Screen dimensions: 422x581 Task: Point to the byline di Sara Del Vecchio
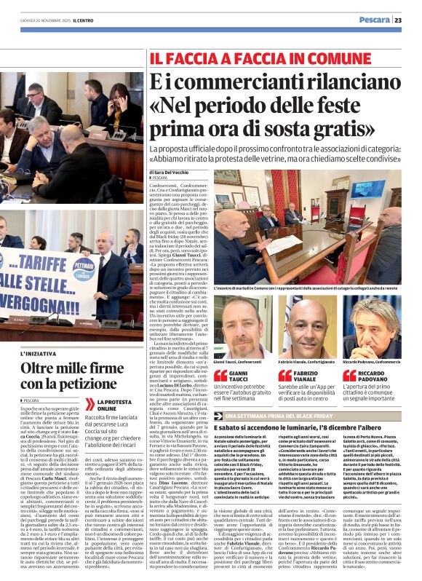point(173,171)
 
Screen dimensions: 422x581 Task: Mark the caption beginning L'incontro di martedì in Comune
point(307,288)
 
